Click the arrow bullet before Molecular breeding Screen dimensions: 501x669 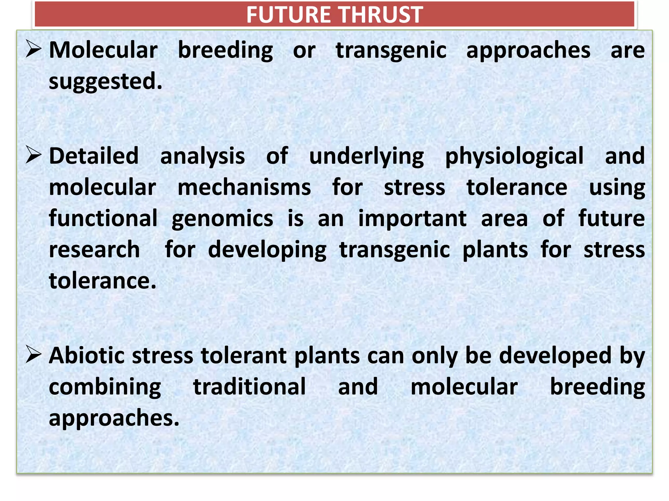coord(34,50)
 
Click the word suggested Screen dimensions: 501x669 coord(105,82)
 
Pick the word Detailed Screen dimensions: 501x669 coord(94,156)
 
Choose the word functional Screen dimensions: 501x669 coord(103,218)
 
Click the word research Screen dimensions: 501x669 coord(94,250)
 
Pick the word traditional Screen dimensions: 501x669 coord(250,387)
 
